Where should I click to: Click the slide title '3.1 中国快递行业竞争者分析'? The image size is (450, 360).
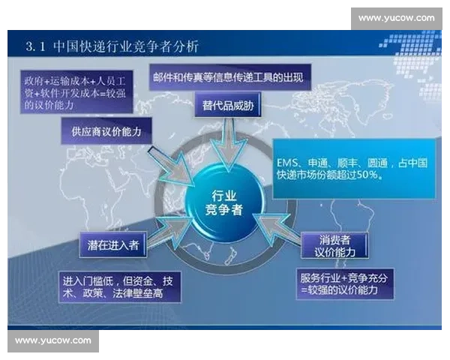tap(112, 47)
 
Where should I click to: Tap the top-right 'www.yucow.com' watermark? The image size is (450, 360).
tap(396, 18)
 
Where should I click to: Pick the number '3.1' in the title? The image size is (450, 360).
tap(35, 47)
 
